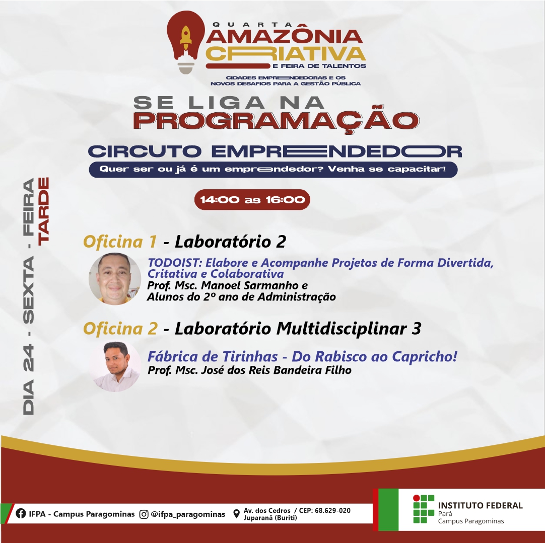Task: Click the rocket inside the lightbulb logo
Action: tap(186, 38)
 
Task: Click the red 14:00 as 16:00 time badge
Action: tap(252, 200)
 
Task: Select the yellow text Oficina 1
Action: tap(120, 242)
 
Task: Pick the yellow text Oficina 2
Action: tap(120, 329)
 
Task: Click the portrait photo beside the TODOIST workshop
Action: tap(115, 279)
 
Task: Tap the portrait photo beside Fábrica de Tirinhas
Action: tap(115, 366)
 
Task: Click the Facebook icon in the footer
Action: tap(21, 513)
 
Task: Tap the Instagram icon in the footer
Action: tap(144, 514)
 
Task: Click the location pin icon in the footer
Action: tap(236, 514)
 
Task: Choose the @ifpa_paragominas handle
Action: tap(188, 514)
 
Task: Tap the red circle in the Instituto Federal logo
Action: tap(417, 498)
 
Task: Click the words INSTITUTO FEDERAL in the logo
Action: tap(481, 505)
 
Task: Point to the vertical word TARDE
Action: tap(44, 211)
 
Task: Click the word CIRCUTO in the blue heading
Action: tap(145, 151)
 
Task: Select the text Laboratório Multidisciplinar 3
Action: tap(298, 329)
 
